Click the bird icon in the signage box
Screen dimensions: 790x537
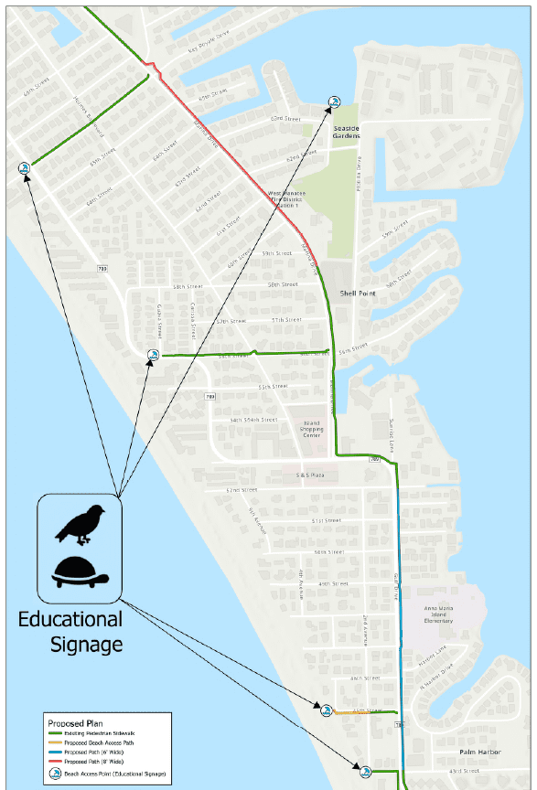click(81, 524)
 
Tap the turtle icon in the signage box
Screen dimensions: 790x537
click(81, 572)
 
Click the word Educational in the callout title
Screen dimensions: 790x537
click(70, 620)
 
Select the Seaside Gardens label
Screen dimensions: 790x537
click(360, 131)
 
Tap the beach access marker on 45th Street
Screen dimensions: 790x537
click(326, 709)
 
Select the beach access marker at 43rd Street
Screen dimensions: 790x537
click(365, 772)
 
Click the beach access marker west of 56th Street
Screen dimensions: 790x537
click(154, 355)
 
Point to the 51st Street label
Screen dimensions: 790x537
click(326, 520)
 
